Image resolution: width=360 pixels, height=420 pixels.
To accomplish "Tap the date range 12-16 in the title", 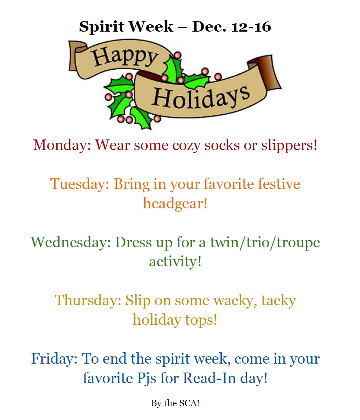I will (251, 27).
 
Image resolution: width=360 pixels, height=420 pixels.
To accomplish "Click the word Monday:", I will (62, 145).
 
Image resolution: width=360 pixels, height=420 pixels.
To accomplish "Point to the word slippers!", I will (289, 145).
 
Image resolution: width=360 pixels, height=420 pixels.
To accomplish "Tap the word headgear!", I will (175, 203).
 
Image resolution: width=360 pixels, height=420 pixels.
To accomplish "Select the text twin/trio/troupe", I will (265, 242).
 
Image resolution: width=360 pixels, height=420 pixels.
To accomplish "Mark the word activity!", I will (175, 261).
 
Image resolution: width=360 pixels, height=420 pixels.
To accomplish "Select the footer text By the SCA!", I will (175, 403).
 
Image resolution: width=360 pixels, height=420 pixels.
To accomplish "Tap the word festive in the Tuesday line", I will (280, 184).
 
